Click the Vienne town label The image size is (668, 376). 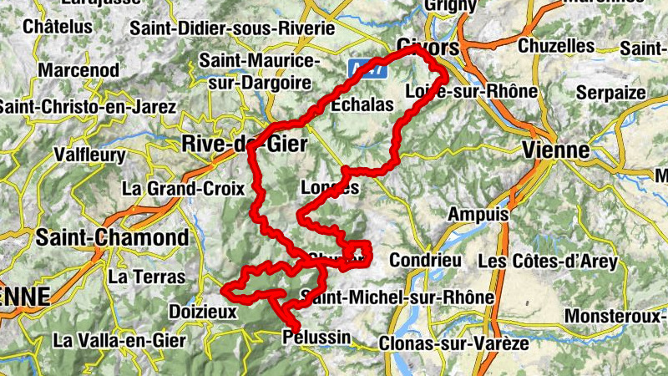pyautogui.click(x=554, y=150)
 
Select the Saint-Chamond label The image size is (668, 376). pyautogui.click(x=112, y=237)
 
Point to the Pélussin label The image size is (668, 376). pyautogui.click(x=317, y=338)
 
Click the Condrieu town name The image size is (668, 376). pyautogui.click(x=425, y=260)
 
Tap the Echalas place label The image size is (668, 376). pyautogui.click(x=362, y=105)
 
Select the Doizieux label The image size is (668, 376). pyautogui.click(x=203, y=312)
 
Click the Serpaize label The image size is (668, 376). pyautogui.click(x=612, y=92)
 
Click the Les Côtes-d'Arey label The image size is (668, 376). pyautogui.click(x=548, y=261)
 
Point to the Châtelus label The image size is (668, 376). pyautogui.click(x=58, y=27)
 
